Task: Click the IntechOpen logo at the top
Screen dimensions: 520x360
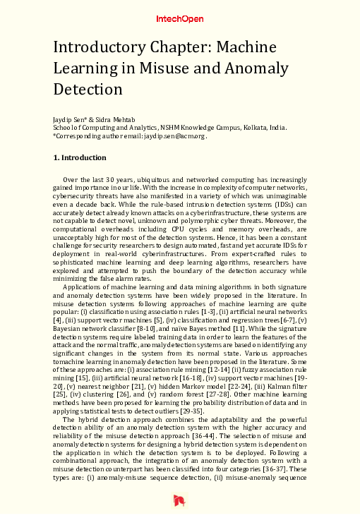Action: [179, 20]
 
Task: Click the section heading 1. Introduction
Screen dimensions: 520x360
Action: [80, 158]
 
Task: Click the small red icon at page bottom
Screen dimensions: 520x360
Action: [179, 500]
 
